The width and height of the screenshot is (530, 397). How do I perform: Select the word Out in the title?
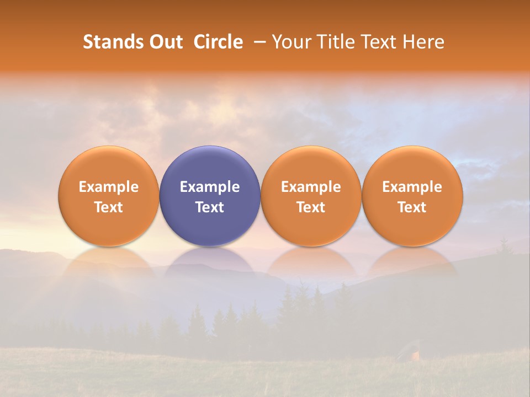click(x=165, y=42)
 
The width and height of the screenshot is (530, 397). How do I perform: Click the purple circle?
click(x=210, y=196)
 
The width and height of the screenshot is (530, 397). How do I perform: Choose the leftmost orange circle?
click(x=109, y=196)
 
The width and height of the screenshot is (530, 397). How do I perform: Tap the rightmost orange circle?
click(x=412, y=196)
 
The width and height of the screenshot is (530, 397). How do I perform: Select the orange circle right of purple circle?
click(x=311, y=196)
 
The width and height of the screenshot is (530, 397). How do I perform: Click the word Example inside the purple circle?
click(x=210, y=187)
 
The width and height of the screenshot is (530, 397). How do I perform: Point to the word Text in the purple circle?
click(x=210, y=207)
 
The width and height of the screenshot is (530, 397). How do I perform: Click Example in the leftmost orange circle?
click(x=109, y=187)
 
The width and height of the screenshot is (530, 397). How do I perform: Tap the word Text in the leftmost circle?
click(x=109, y=207)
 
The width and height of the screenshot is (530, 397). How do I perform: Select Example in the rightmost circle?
click(x=412, y=187)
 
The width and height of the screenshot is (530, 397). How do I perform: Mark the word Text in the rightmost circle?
click(x=412, y=207)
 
